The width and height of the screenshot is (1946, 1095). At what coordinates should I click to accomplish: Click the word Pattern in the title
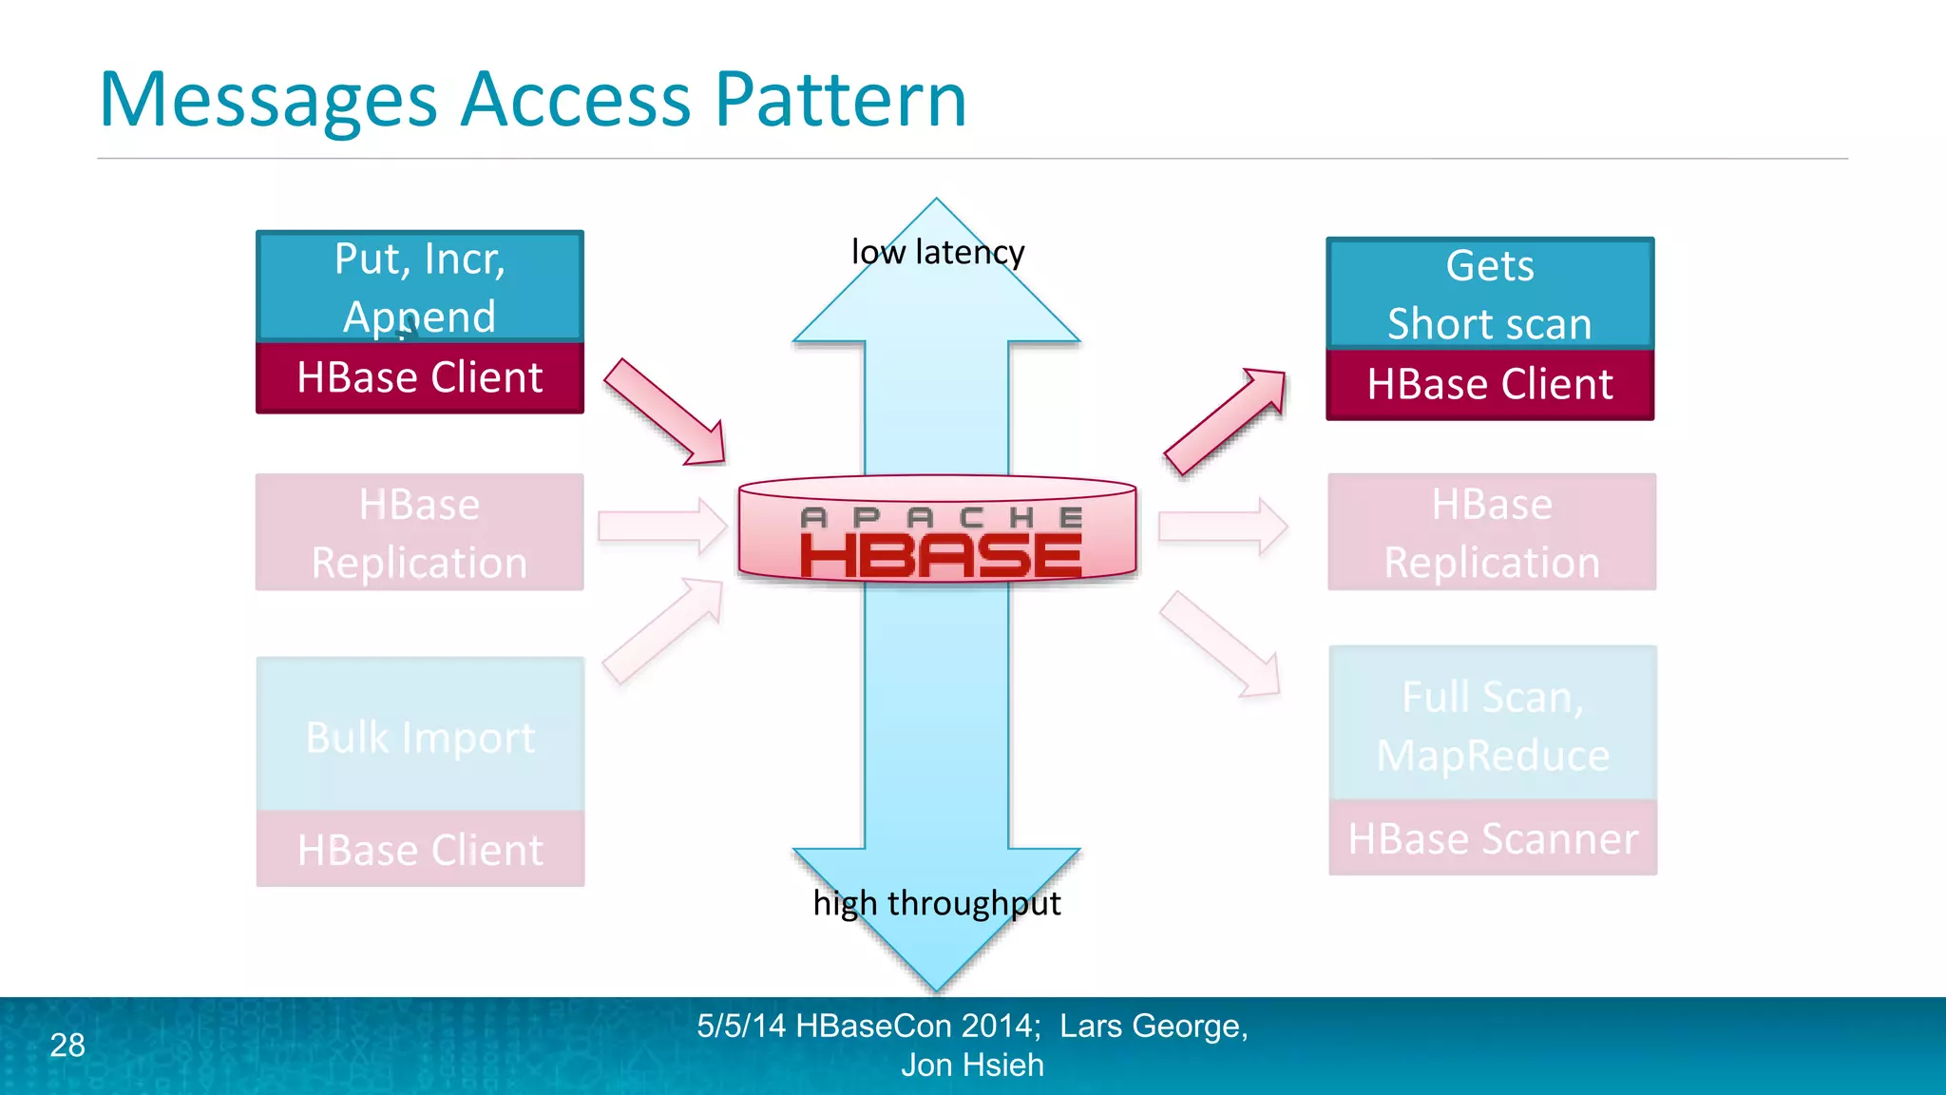coord(840,100)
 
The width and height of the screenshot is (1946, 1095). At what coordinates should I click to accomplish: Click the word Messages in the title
coord(268,100)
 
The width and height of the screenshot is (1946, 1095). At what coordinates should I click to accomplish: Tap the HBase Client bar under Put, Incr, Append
coord(420,377)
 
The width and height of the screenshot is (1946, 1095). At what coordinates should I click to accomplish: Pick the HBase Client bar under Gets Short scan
coord(1490,384)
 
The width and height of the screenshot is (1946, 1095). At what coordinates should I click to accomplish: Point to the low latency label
coord(937,253)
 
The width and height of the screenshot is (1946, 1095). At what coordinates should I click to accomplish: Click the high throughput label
coord(937,903)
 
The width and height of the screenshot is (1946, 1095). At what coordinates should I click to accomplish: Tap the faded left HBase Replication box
coord(420,532)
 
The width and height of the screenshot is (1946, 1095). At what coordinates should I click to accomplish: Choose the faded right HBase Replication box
coord(1492,532)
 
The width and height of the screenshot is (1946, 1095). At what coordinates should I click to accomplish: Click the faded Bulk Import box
coord(420,736)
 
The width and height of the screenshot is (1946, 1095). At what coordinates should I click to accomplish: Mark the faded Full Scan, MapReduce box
coord(1493,724)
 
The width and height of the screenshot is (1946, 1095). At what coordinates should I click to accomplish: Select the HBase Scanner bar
coord(1493,838)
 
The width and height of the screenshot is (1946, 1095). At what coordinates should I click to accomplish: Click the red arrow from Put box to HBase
coord(666,413)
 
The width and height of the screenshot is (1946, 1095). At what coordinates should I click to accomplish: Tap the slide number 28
coord(67,1046)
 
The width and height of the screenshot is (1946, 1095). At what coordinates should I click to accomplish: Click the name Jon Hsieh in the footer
coord(972,1066)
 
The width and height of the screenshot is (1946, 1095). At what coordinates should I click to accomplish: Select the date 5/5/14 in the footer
coord(741,1027)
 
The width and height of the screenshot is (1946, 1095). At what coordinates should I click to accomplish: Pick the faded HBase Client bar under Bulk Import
coord(420,850)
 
